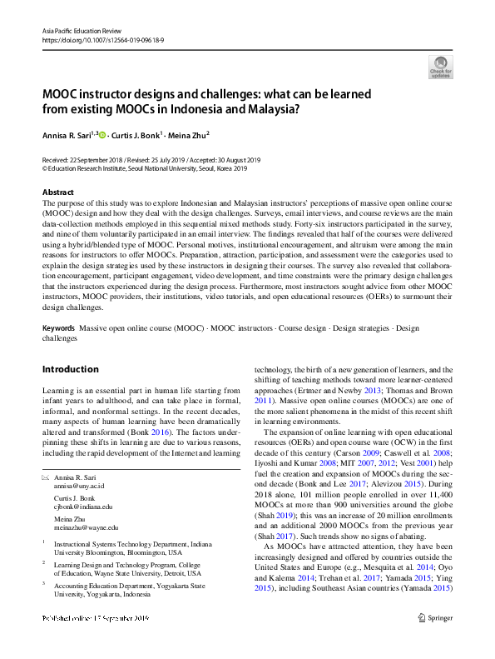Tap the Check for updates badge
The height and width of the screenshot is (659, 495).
pos(440,67)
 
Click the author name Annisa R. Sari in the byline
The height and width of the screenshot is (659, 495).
pos(66,133)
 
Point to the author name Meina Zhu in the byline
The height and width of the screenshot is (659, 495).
pos(188,133)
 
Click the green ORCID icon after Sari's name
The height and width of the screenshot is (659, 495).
pos(103,133)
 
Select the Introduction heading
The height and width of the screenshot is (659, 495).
pos(70,369)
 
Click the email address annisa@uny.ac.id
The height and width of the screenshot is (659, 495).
pos(80,486)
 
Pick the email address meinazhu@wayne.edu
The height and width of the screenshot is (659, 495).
pos(86,527)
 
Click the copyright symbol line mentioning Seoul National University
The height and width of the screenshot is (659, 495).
pos(145,167)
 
